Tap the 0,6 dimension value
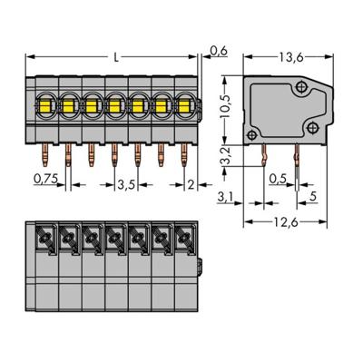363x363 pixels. click(x=218, y=51)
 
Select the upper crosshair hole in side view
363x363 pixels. click(x=301, y=87)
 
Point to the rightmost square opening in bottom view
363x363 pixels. click(x=184, y=240)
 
